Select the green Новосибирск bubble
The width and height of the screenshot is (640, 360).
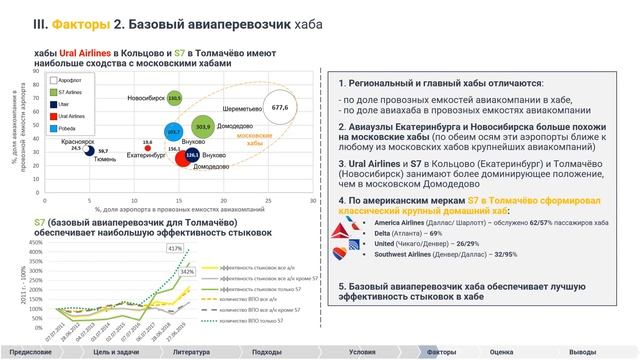point(174,98)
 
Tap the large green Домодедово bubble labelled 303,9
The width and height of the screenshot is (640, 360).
point(203,126)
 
